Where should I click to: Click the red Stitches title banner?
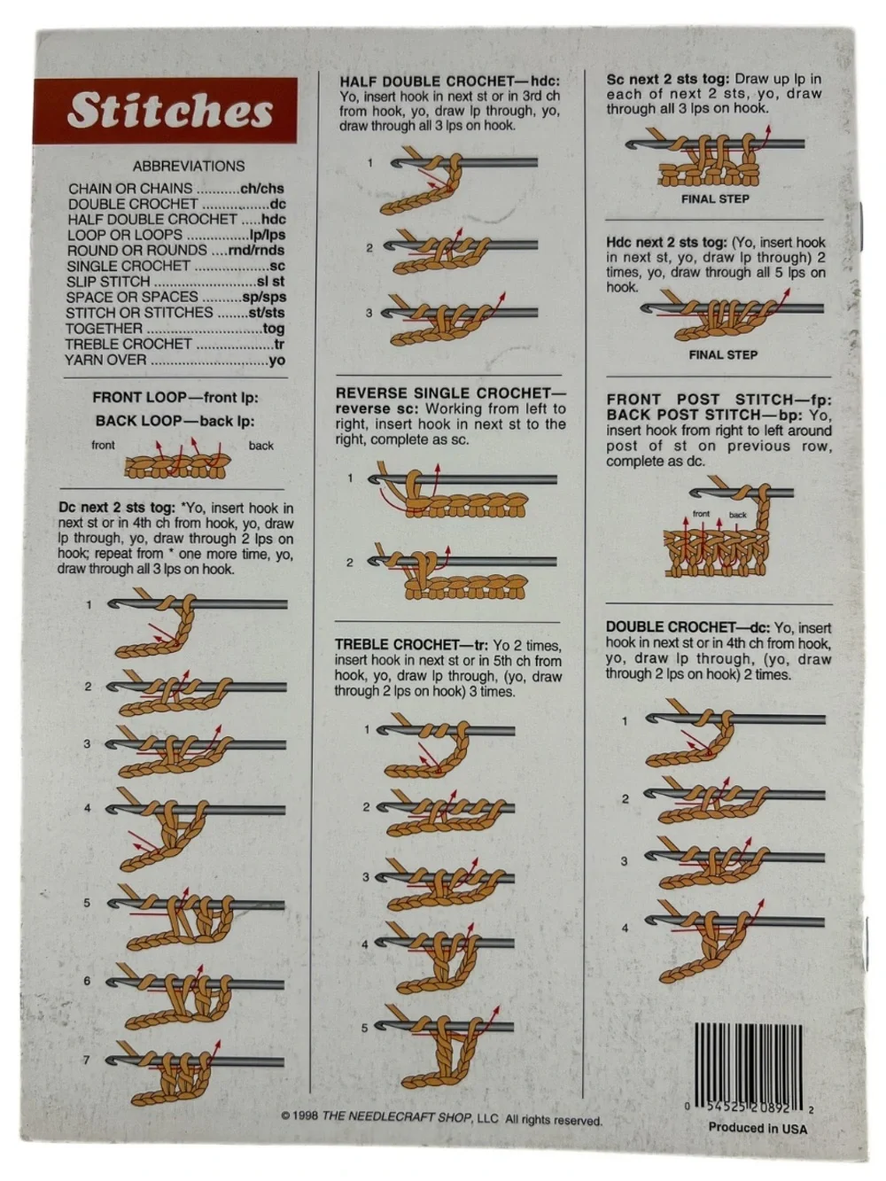click(x=165, y=110)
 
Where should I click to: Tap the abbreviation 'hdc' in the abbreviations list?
click(x=273, y=220)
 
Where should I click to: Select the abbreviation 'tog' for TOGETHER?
click(x=273, y=329)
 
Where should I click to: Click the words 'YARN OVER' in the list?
click(x=105, y=360)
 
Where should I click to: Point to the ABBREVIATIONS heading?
click(x=189, y=166)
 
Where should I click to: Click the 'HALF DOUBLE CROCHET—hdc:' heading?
click(x=449, y=82)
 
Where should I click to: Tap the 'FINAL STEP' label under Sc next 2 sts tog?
click(x=715, y=199)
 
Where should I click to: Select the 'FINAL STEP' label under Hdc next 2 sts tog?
click(x=723, y=355)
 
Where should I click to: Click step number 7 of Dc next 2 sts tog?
click(x=86, y=1060)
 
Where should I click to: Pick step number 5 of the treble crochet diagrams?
click(x=364, y=1028)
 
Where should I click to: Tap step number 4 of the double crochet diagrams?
click(x=625, y=928)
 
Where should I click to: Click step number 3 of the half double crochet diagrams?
click(x=369, y=313)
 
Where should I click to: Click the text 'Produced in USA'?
click(x=758, y=1124)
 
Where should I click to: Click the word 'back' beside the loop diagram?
click(x=260, y=446)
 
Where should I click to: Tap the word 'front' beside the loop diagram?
click(x=103, y=445)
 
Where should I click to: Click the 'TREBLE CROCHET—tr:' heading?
click(x=411, y=645)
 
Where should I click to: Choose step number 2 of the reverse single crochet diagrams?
click(x=350, y=563)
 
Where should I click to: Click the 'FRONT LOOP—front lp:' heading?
click(x=175, y=398)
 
